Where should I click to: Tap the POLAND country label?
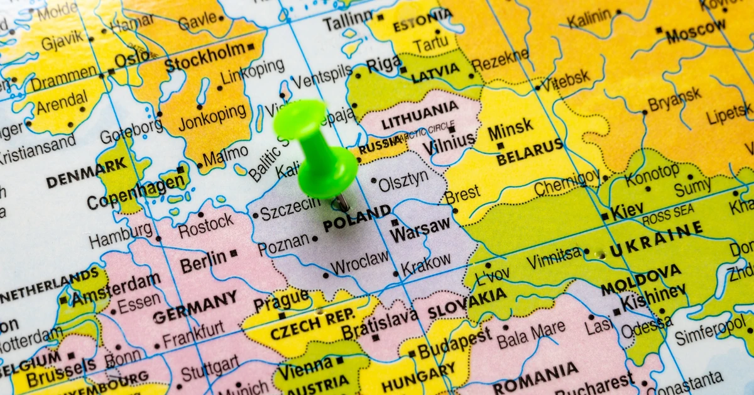click(x=356, y=218)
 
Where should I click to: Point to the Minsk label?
click(x=510, y=131)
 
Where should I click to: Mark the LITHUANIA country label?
click(x=420, y=114)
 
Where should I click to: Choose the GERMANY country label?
click(x=195, y=306)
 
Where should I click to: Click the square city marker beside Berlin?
click(x=234, y=253)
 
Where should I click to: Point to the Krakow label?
click(x=425, y=264)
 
